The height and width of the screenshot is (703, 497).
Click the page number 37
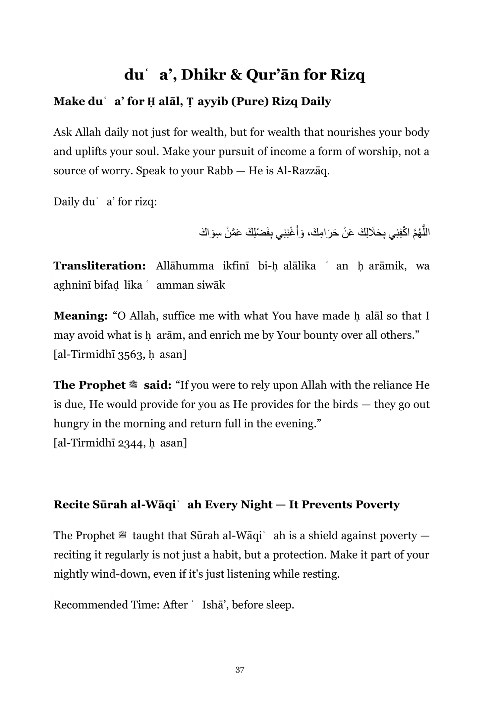click(x=240, y=670)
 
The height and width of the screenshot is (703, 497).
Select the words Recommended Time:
click(x=106, y=605)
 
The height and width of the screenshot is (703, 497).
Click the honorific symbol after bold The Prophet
click(x=134, y=385)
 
